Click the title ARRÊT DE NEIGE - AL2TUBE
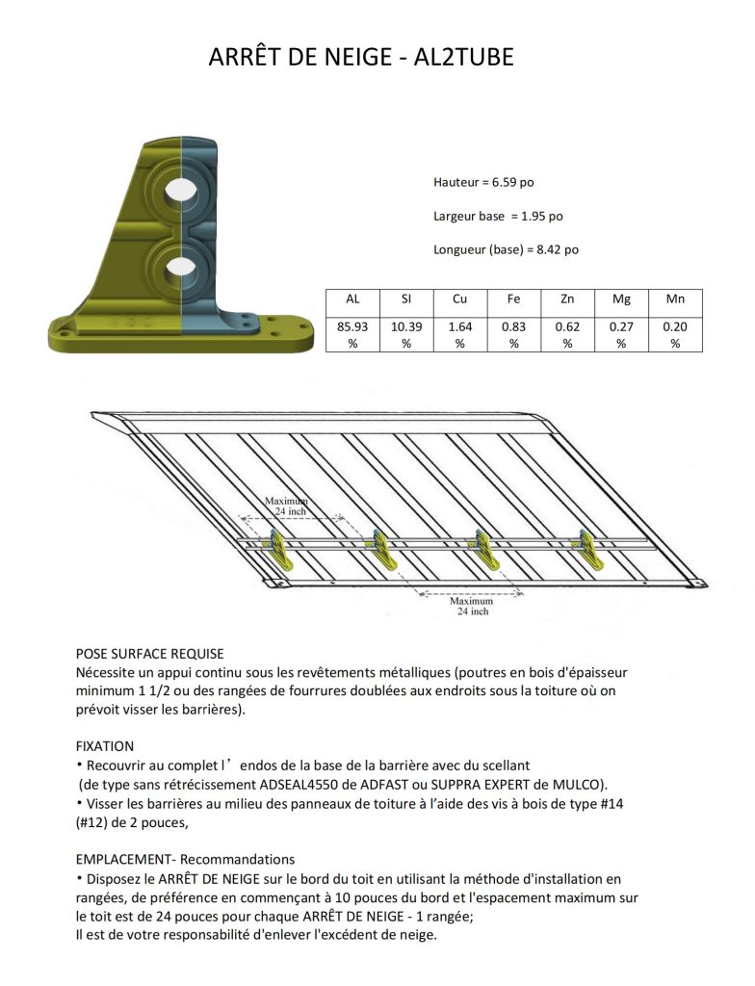point(361,58)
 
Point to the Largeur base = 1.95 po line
point(498,216)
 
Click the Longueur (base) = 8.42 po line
point(506,249)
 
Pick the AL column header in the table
point(352,300)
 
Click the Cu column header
point(460,300)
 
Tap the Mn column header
point(675,300)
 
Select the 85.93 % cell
point(352,334)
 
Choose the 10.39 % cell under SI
point(406,334)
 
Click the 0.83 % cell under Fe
point(513,334)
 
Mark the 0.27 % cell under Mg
point(621,334)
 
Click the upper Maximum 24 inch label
point(288,506)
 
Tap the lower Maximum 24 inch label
point(472,607)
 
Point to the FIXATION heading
point(105,746)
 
